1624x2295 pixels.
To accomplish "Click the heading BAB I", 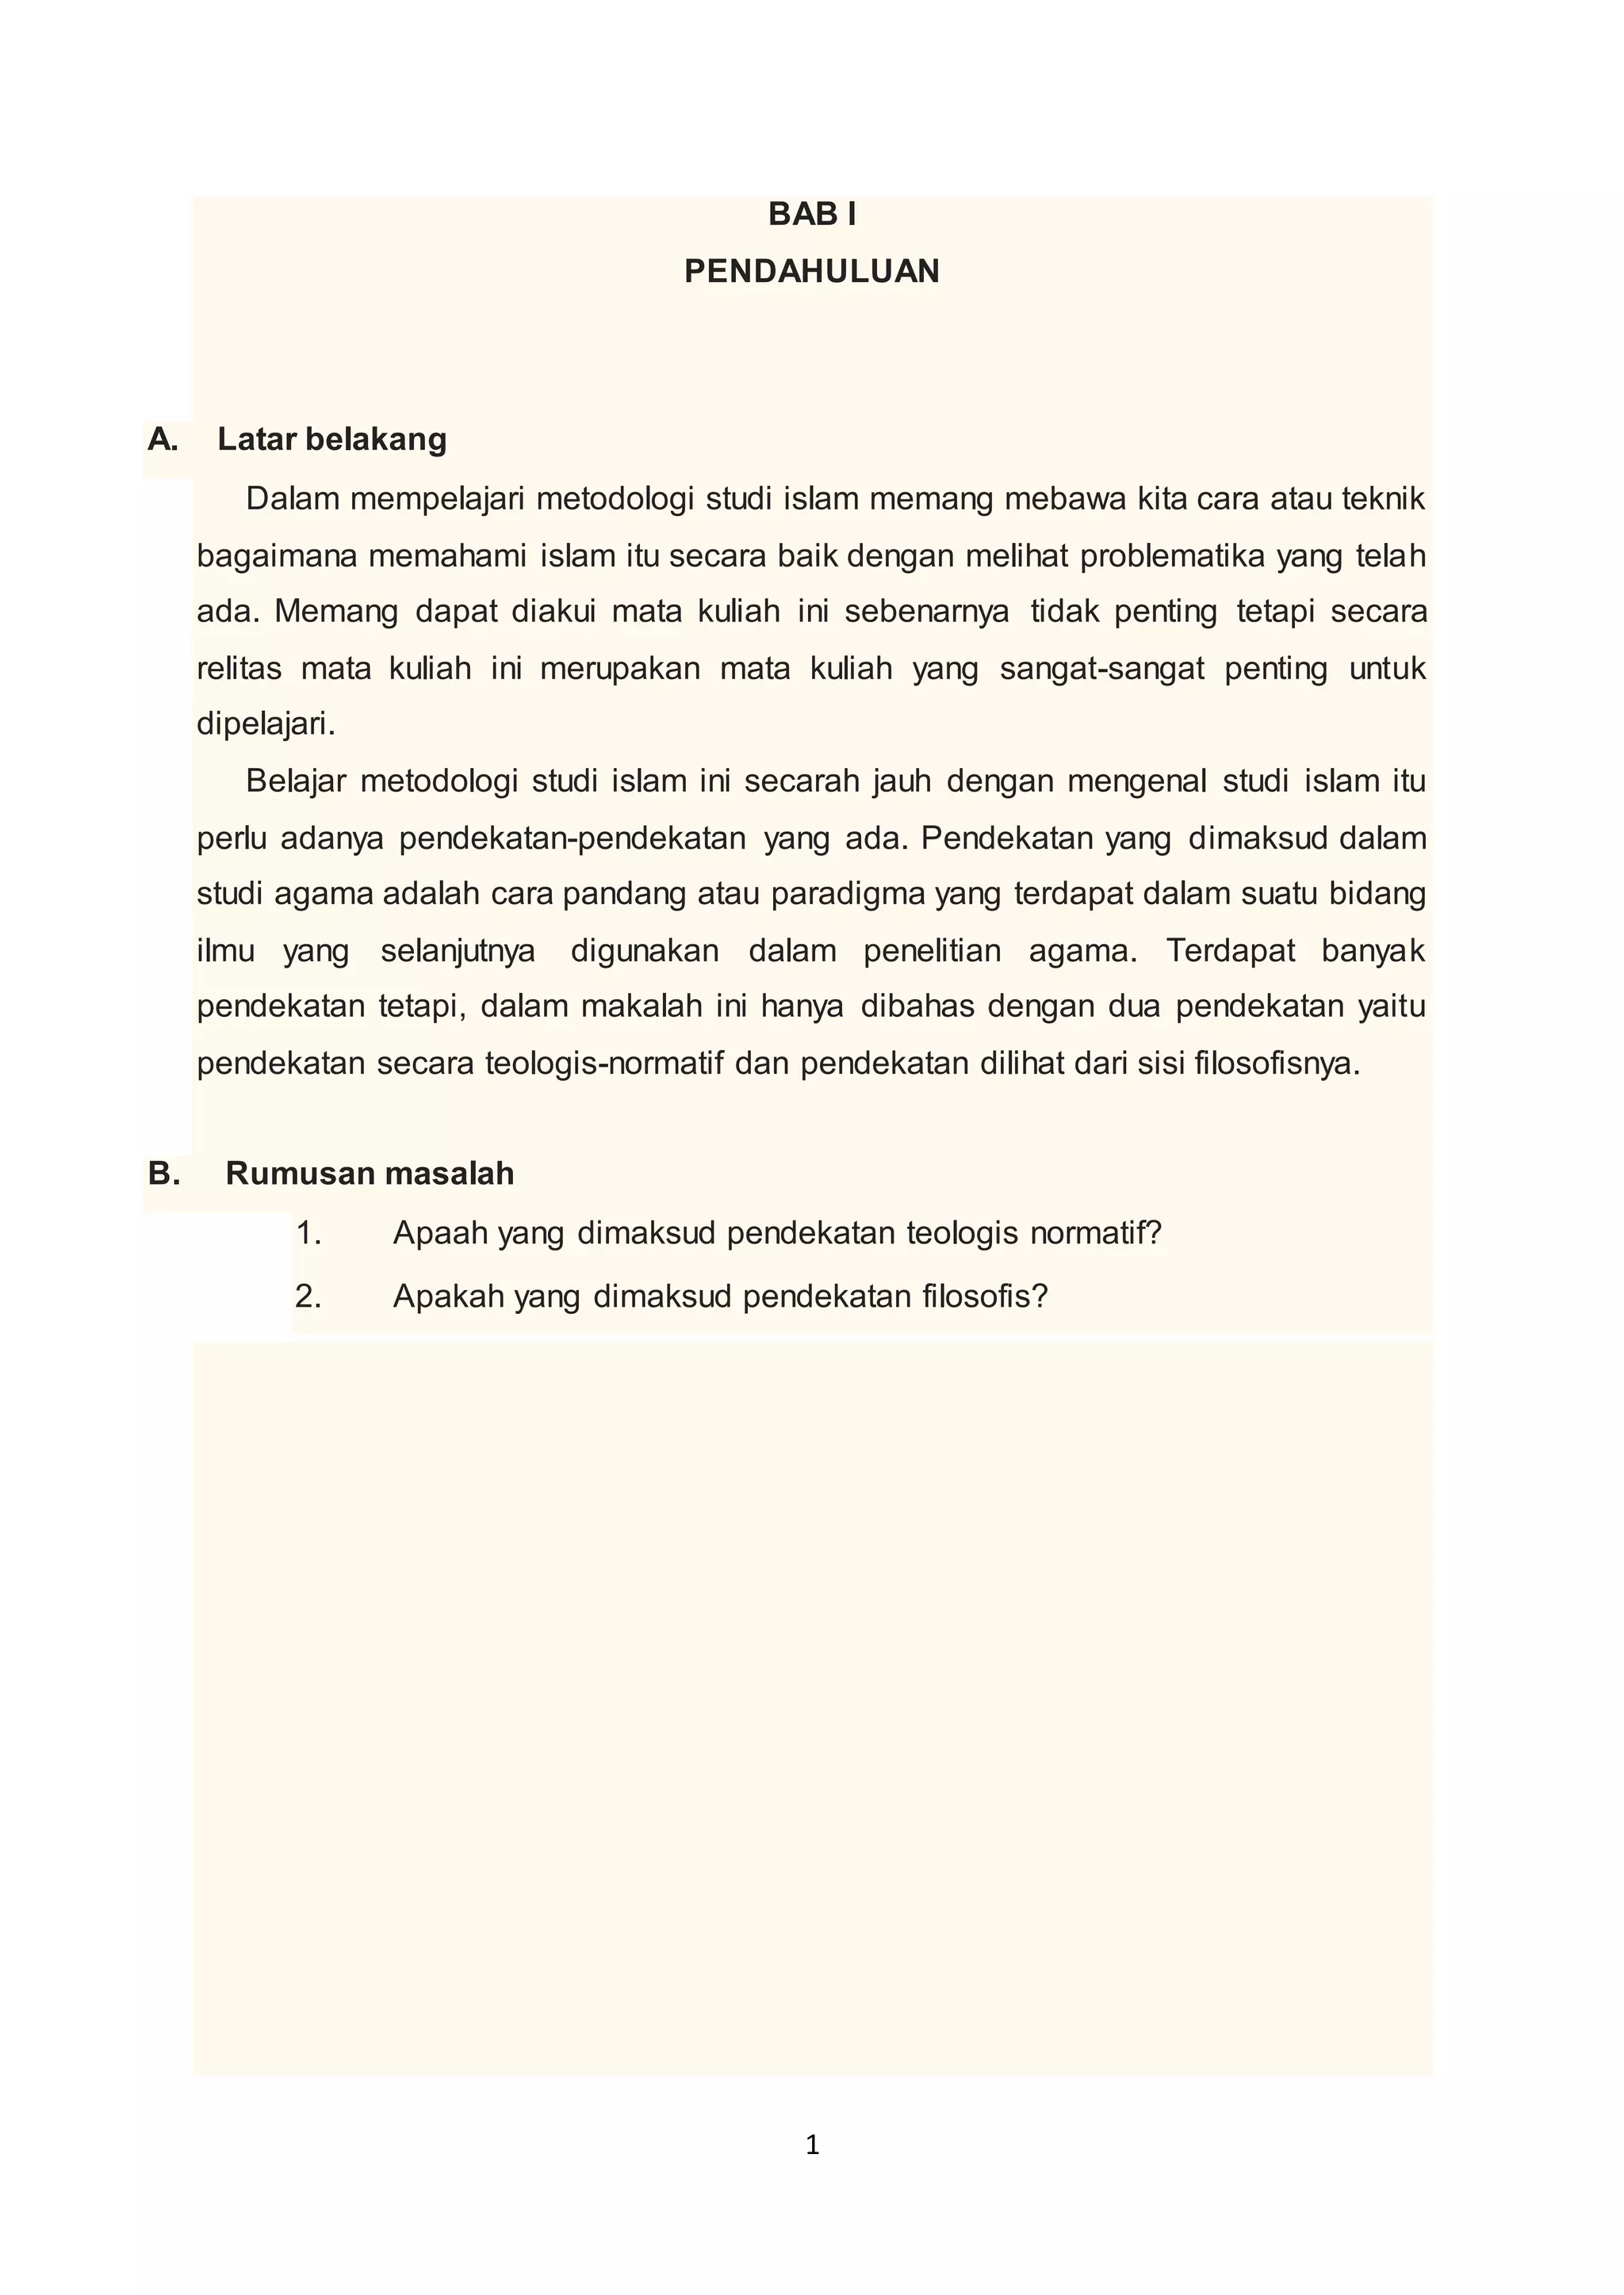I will pos(811,215).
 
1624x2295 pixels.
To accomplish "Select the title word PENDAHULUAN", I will pos(811,272).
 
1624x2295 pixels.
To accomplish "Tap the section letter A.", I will pos(162,440).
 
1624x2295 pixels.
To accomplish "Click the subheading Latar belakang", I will pos(332,440).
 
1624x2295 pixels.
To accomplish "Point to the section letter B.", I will pos(164,1174).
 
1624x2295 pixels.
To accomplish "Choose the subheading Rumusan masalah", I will pos(370,1174).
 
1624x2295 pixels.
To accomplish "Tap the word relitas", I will pos(239,669).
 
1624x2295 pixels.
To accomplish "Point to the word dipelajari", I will pos(265,724).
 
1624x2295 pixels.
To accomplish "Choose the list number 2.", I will pos(308,1297).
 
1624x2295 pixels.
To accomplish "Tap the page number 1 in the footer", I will pos(812,2145).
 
